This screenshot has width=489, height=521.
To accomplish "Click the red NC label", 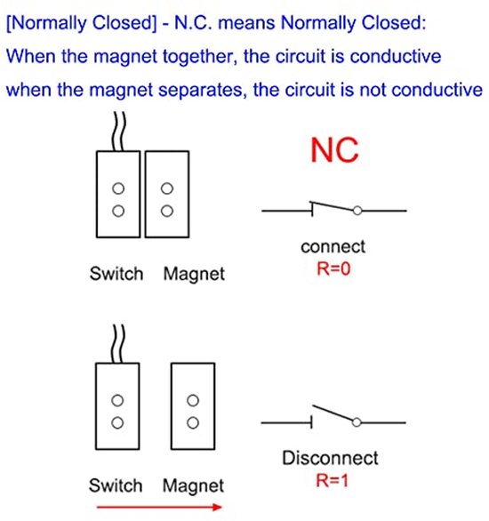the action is coord(334,150).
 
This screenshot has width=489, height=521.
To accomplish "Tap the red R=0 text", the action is coord(333,269).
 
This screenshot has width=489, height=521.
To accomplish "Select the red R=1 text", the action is coord(333,480).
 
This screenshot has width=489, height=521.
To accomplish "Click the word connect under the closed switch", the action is coord(333,247).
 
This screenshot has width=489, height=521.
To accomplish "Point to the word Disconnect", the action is coord(330,458).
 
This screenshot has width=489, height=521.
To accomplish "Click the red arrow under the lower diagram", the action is coord(159,507).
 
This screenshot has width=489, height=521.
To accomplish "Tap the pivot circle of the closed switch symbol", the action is coord(357,211).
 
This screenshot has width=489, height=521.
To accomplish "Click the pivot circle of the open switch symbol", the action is coord(357,422).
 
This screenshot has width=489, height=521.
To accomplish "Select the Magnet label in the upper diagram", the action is coord(194,275).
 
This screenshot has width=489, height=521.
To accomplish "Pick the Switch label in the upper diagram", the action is coord(116,274).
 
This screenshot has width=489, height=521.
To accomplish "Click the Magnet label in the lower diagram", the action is coord(193,487).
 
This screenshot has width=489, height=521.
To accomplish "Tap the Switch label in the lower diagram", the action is coord(116,485).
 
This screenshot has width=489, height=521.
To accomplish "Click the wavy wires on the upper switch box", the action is coord(119,132).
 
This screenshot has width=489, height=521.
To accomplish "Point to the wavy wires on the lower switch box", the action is coord(118,344).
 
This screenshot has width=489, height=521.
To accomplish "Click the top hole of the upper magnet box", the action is coord(167,188).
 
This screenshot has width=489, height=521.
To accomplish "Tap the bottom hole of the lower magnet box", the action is coord(193,422).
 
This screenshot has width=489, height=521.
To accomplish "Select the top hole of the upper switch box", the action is coord(118,188).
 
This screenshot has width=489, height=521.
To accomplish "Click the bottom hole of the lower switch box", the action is coord(117,422).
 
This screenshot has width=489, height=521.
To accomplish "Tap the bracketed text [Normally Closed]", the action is coord(82,23).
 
